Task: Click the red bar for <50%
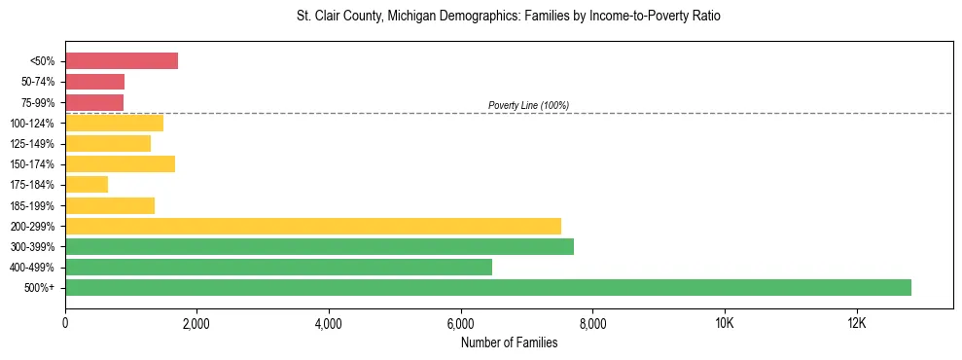pos(122,61)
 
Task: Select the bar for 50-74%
pos(94,82)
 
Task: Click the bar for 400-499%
pos(278,267)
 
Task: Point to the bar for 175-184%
pos(87,185)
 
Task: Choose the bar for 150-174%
pos(120,164)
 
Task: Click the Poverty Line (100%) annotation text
pos(528,105)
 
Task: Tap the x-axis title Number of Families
pos(509,342)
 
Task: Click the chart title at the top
pos(509,17)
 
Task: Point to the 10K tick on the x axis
pos(725,323)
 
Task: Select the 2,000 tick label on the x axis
pos(196,323)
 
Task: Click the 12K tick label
pos(856,323)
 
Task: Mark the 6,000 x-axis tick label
pos(461,323)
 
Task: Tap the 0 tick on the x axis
pos(65,323)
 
